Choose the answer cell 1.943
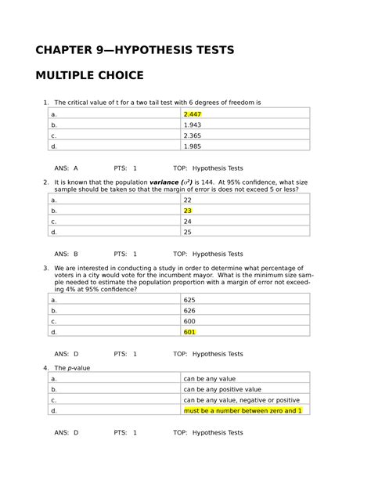193,125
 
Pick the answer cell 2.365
193,135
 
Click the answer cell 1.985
193,145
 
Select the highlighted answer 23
188,211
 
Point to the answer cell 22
188,200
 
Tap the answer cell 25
188,232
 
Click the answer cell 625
189,300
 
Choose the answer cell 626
189,310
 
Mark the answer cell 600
189,320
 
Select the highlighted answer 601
189,331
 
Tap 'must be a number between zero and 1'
242,410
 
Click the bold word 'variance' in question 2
166,182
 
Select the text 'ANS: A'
66,168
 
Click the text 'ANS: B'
66,254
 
